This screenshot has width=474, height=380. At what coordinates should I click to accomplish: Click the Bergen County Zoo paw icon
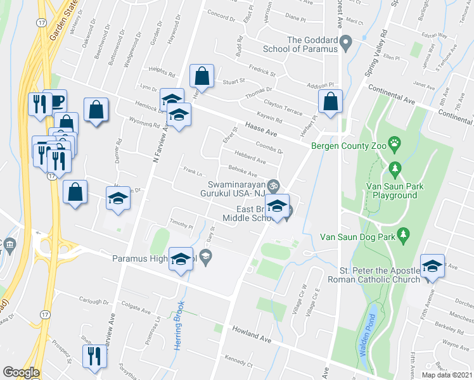[395, 143]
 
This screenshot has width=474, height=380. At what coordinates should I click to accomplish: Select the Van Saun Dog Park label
[359, 237]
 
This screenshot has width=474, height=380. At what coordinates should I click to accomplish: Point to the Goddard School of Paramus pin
[345, 44]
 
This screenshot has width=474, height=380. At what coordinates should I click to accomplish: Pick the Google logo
[21, 372]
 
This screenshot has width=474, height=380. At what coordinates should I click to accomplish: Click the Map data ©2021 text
[445, 375]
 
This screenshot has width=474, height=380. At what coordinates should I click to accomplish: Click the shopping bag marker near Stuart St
[201, 77]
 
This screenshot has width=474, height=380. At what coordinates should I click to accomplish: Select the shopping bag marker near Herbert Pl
[331, 101]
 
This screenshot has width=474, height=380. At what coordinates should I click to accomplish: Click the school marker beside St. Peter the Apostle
[432, 266]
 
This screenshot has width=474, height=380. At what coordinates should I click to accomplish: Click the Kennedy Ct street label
[238, 365]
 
